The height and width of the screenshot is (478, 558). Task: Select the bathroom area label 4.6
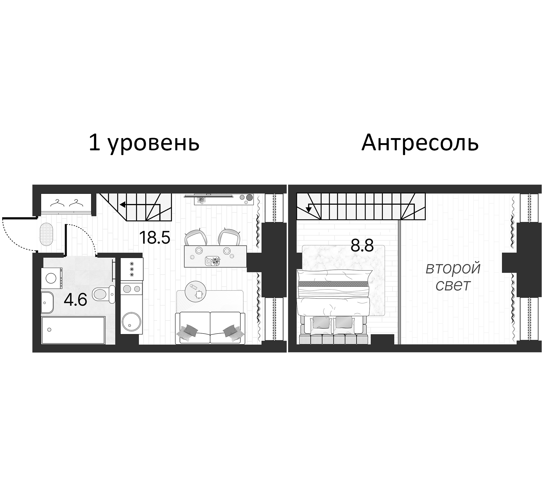click(x=75, y=300)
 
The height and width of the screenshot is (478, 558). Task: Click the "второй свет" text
click(x=453, y=277)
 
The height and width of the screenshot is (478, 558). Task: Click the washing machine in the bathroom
click(x=52, y=278)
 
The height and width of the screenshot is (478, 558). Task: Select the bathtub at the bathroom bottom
click(x=73, y=330)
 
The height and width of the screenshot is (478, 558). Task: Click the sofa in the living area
click(x=210, y=328)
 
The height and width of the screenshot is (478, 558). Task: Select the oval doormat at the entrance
click(x=47, y=234)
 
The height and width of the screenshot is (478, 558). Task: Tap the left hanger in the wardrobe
click(x=57, y=203)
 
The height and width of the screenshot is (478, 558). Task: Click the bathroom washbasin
click(x=47, y=303)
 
